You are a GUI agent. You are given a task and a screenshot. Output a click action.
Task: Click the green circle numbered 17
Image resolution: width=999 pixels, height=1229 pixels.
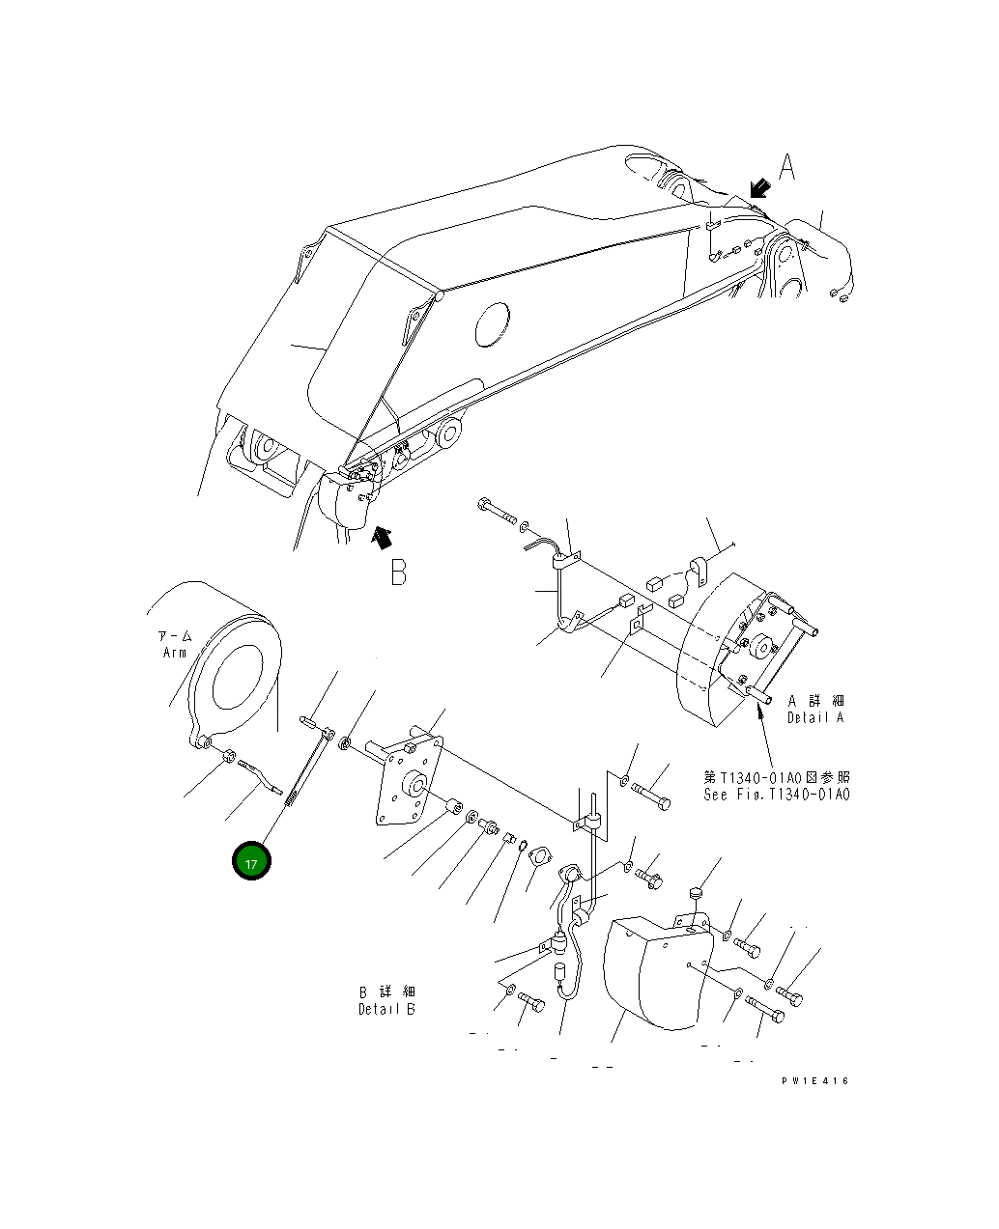tap(251, 862)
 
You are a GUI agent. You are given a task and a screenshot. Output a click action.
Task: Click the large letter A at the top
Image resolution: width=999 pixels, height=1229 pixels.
tap(787, 168)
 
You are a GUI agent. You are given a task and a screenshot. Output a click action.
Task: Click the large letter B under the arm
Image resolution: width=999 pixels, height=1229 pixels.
tap(397, 573)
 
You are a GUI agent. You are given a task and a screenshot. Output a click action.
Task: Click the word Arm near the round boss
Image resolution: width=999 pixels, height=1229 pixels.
tap(174, 654)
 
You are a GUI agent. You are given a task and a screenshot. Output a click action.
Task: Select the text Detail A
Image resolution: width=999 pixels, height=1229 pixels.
tap(815, 718)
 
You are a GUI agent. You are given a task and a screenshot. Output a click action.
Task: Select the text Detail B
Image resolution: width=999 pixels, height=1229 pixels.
tap(386, 1009)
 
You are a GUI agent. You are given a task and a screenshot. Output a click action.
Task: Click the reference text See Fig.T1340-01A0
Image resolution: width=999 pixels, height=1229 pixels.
tap(777, 795)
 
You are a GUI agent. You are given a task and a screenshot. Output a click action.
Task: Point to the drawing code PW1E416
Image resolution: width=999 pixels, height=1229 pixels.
tap(815, 1081)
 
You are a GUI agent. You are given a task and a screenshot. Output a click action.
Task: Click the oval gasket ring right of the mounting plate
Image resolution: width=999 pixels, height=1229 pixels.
tap(539, 856)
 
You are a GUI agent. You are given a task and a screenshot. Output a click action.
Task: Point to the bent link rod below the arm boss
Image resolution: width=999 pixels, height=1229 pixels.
tap(258, 771)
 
